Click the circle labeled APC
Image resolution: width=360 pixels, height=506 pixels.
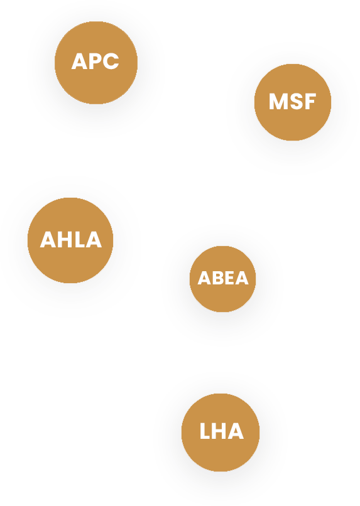point(96,63)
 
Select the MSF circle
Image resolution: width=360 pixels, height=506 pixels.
point(293,102)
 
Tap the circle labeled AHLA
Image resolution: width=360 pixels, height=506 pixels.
point(70,240)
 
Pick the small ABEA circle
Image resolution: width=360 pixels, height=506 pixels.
point(222,279)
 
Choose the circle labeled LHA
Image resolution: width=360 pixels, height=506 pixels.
point(221,432)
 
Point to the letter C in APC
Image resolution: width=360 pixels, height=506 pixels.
point(111,62)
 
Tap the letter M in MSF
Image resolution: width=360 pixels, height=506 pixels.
point(278,101)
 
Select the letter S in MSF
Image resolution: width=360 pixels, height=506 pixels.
point(295,101)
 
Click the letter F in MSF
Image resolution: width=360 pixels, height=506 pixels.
point(309,101)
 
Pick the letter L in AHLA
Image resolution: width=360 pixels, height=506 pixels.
point(77,240)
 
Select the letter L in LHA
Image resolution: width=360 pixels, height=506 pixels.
point(205,431)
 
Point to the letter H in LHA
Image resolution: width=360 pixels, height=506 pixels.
point(219,431)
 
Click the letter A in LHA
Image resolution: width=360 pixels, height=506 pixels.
point(236,431)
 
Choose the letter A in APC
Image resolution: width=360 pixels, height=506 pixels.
point(79,62)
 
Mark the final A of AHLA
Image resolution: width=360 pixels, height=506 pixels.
point(92,240)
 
